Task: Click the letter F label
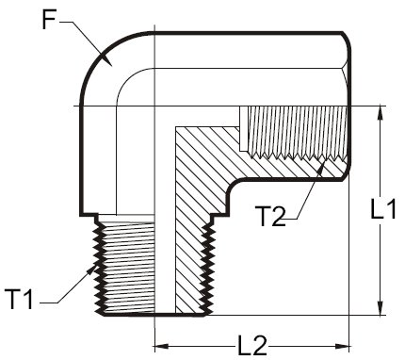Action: (49, 20)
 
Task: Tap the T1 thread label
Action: (19, 300)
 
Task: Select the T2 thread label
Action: (270, 216)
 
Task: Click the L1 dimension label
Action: (383, 208)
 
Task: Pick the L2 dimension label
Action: (252, 346)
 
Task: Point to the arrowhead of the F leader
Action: (105, 59)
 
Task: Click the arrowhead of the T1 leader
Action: (91, 270)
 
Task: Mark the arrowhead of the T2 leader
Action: (322, 169)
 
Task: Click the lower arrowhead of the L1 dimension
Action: (381, 307)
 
